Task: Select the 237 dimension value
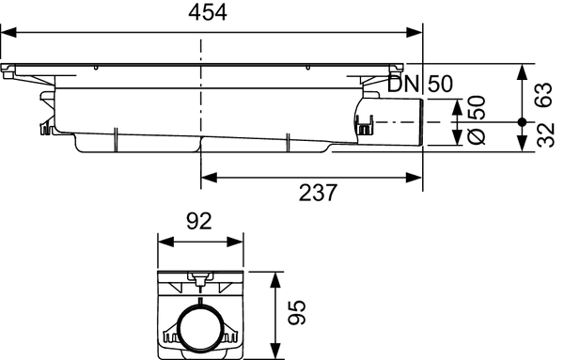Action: tap(311, 194)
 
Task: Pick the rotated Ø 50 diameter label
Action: tap(476, 121)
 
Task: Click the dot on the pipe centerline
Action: tap(521, 122)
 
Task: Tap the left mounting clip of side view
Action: tap(46, 125)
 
